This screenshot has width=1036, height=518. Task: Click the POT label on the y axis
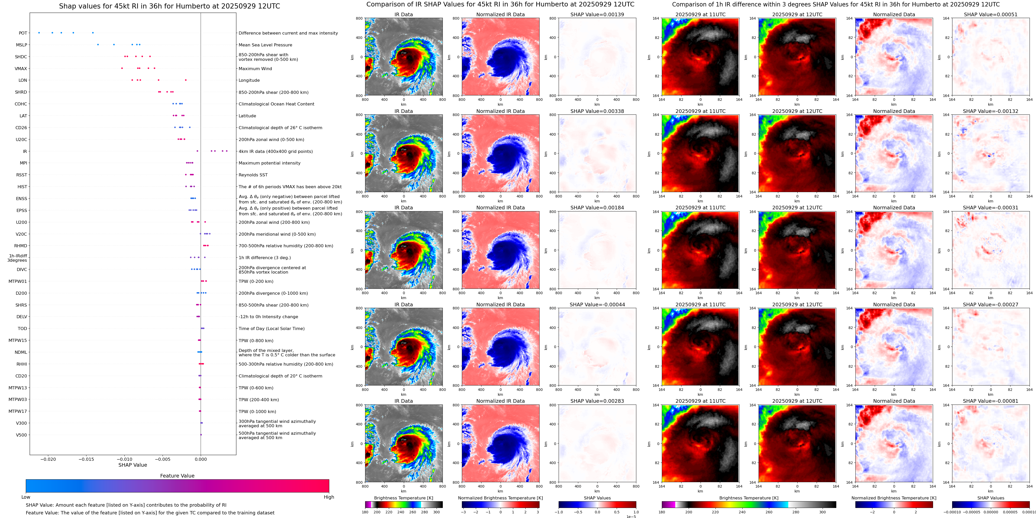[23, 33]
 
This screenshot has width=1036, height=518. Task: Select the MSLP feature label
[22, 45]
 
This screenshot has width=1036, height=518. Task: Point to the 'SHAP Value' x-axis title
[133, 465]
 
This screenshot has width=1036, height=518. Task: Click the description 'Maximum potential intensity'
[269, 163]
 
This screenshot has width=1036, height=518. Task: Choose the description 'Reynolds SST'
[253, 175]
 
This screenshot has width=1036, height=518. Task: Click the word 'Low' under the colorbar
[26, 497]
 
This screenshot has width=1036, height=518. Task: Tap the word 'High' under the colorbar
[328, 497]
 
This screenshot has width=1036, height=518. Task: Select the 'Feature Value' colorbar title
[177, 476]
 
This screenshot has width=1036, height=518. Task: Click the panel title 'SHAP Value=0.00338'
[597, 111]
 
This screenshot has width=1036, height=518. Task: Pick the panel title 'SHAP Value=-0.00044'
[597, 305]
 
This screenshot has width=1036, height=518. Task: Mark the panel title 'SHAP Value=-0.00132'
[991, 111]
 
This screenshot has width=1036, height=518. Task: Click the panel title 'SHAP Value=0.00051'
[991, 14]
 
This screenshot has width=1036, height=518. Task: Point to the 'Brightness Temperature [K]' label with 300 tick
[403, 498]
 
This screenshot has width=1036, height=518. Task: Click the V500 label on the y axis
[21, 435]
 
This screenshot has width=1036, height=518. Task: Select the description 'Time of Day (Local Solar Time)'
[271, 329]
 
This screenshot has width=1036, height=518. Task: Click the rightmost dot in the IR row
[227, 151]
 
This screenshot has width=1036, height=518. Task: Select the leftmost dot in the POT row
[39, 32]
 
